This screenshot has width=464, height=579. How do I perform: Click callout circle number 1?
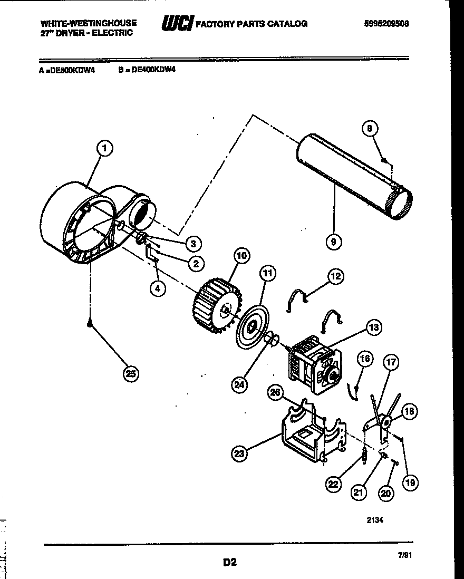click(x=104, y=149)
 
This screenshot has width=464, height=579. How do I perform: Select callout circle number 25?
click(x=130, y=374)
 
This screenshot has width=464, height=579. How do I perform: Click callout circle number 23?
click(x=240, y=453)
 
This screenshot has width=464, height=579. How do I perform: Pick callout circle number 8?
click(x=370, y=128)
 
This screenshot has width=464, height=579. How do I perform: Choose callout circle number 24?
click(x=239, y=384)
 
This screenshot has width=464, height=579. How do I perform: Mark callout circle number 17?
click(x=391, y=362)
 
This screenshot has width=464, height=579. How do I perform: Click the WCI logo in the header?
click(x=177, y=24)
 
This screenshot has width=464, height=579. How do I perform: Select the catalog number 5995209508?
click(x=386, y=24)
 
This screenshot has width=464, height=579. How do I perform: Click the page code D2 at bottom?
click(x=229, y=563)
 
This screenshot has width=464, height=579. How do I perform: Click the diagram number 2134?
click(x=374, y=519)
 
